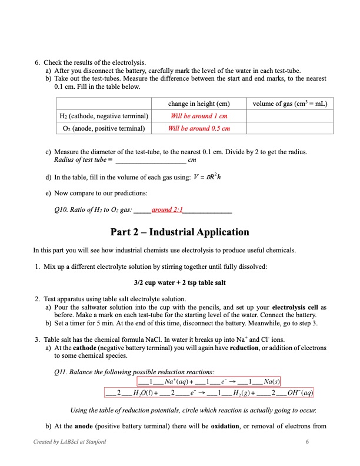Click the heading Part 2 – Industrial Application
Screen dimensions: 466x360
180,232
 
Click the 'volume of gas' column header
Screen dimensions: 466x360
290,104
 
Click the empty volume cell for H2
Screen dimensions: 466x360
290,116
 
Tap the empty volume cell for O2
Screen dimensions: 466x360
290,128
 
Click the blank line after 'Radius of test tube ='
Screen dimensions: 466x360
151,160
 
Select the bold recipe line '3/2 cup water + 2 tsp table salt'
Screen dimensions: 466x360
180,282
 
